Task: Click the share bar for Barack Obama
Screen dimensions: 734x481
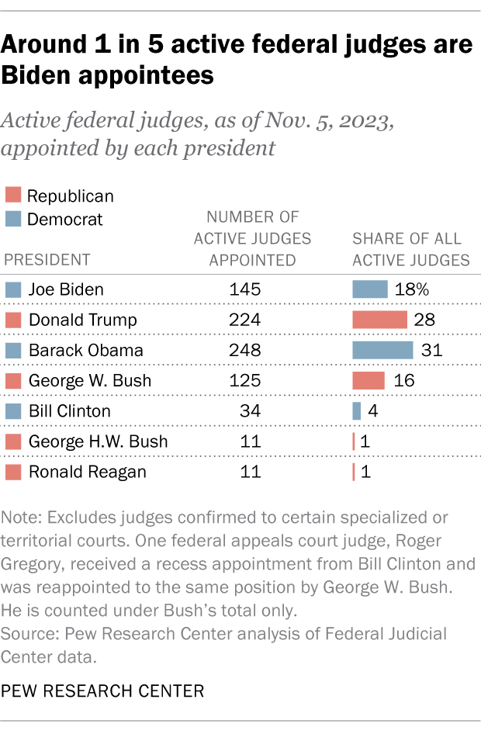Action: click(x=382, y=350)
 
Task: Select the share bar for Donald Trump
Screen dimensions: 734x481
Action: click(x=379, y=320)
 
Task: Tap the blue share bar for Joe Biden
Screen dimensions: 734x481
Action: click(x=369, y=289)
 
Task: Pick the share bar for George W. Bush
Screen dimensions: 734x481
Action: click(x=369, y=380)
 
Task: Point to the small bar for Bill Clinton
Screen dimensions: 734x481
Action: click(x=357, y=410)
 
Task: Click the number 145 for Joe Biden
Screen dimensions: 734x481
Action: click(x=245, y=289)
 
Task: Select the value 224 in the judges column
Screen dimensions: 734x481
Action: click(x=245, y=320)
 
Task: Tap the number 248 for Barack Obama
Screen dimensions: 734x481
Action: click(x=245, y=350)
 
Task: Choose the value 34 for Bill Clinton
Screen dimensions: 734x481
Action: click(x=249, y=410)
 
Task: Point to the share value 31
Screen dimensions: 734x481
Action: click(x=431, y=350)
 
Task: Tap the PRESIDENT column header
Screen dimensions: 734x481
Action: click(x=47, y=260)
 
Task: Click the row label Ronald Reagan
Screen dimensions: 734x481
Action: click(x=87, y=472)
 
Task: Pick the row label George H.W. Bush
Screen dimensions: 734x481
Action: click(x=98, y=441)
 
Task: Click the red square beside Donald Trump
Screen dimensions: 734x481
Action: click(x=13, y=320)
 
